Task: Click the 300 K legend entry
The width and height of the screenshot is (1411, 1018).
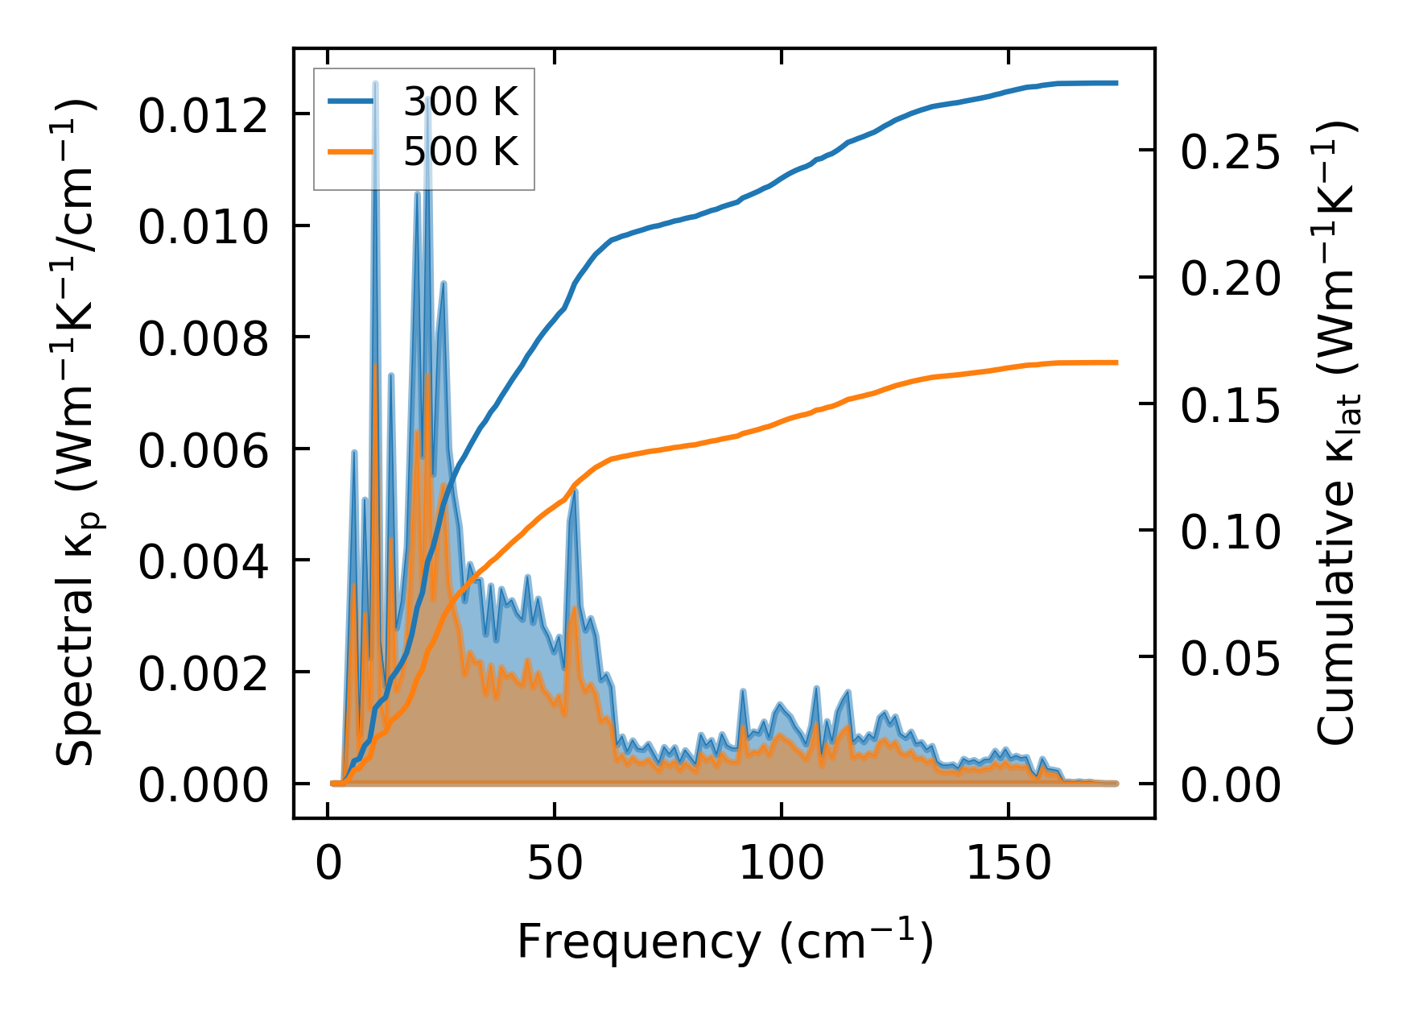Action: pyautogui.click(x=460, y=102)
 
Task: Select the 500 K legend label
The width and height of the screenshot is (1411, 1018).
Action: pyautogui.click(x=460, y=151)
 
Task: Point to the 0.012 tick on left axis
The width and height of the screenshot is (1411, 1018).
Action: pyautogui.click(x=203, y=116)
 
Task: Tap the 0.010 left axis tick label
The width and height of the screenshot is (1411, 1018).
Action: pyautogui.click(x=203, y=227)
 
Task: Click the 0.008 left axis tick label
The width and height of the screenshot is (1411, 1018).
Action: pyautogui.click(x=203, y=339)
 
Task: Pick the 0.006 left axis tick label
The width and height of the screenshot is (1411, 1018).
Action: pyautogui.click(x=203, y=450)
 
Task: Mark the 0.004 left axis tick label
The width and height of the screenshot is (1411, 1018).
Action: pyautogui.click(x=203, y=562)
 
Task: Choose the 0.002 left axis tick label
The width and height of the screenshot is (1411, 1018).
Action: pyautogui.click(x=203, y=673)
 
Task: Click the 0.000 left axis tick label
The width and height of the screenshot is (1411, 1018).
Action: pyautogui.click(x=203, y=784)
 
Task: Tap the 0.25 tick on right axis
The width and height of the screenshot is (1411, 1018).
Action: pyautogui.click(x=1230, y=151)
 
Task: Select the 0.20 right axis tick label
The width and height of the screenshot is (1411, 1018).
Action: pyautogui.click(x=1230, y=279)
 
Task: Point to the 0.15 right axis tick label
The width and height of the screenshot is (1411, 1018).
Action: pyautogui.click(x=1230, y=405)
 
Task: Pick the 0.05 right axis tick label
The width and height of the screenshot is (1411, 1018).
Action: pyautogui.click(x=1230, y=659)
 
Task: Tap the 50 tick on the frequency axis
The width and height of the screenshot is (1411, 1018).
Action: pyautogui.click(x=555, y=865)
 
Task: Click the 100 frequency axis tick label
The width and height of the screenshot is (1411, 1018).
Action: pyautogui.click(x=782, y=865)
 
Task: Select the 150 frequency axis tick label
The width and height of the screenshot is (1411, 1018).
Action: pyautogui.click(x=1008, y=865)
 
